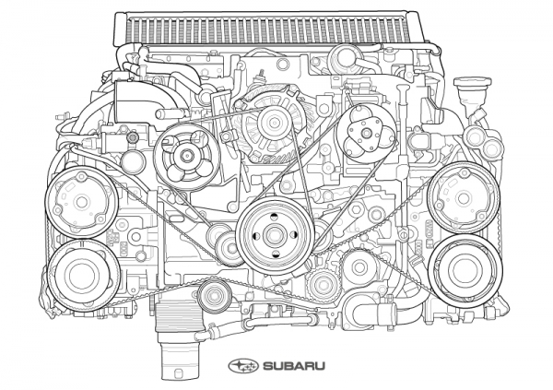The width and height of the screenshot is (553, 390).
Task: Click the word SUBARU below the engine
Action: [294, 366]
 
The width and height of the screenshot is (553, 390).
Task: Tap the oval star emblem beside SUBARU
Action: [243, 366]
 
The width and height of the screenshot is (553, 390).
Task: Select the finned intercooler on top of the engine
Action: [269, 29]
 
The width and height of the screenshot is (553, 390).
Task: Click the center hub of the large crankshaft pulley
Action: [276, 235]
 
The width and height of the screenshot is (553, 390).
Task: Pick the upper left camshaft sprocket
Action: [82, 202]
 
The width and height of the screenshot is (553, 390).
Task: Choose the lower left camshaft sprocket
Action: [83, 276]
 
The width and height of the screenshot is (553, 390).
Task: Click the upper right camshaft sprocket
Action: [464, 198]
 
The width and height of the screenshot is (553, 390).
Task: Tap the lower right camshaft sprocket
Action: [465, 270]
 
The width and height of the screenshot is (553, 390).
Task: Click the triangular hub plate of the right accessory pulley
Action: [365, 132]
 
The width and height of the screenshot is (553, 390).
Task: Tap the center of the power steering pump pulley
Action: [187, 155]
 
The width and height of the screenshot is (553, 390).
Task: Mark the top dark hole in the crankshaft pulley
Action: [275, 216]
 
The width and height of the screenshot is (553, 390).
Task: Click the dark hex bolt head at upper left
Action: [133, 137]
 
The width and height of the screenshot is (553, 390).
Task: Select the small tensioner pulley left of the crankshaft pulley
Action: [229, 248]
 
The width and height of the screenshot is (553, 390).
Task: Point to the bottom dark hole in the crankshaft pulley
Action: [276, 254]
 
